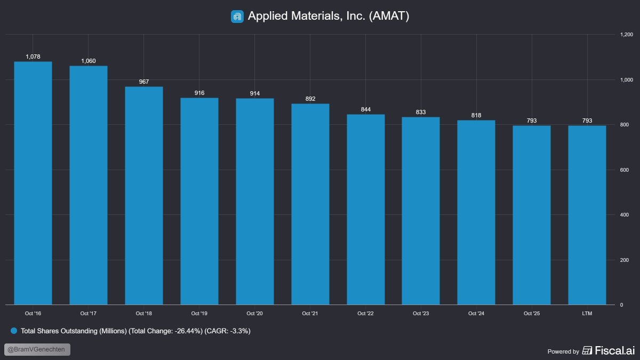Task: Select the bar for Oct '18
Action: [x=144, y=196]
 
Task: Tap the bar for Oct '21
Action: [x=310, y=204]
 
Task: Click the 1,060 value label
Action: [x=89, y=61]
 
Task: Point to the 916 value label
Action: [x=199, y=93]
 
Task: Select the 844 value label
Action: [x=365, y=109]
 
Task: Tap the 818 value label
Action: [x=476, y=115]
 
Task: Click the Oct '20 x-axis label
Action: [x=254, y=314]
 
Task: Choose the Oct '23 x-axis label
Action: [x=421, y=314]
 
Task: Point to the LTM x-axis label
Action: [x=587, y=314]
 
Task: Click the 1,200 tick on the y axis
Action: [x=626, y=35]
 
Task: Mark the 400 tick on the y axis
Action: [x=623, y=215]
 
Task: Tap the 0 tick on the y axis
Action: [x=621, y=305]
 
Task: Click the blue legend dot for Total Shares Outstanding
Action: [x=14, y=331]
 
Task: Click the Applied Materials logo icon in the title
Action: [x=237, y=17]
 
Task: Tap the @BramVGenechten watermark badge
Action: [x=37, y=350]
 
